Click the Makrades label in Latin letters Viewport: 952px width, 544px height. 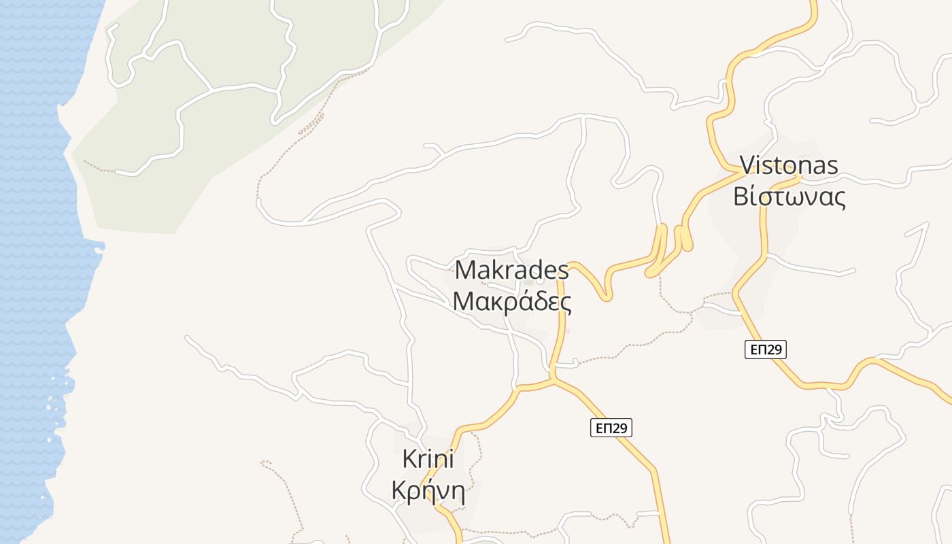[511, 270]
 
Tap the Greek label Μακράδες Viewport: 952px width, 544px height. [511, 301]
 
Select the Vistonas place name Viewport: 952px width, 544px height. [789, 165]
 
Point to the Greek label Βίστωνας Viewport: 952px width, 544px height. [789, 197]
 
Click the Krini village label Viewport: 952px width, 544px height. [428, 459]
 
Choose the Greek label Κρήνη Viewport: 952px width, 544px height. [428, 490]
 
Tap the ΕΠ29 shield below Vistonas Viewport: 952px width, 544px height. [766, 350]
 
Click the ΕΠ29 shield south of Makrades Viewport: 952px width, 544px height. [611, 428]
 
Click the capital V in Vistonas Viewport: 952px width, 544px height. [747, 165]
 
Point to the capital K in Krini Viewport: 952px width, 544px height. [409, 459]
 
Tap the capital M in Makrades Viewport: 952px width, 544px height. [464, 270]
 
